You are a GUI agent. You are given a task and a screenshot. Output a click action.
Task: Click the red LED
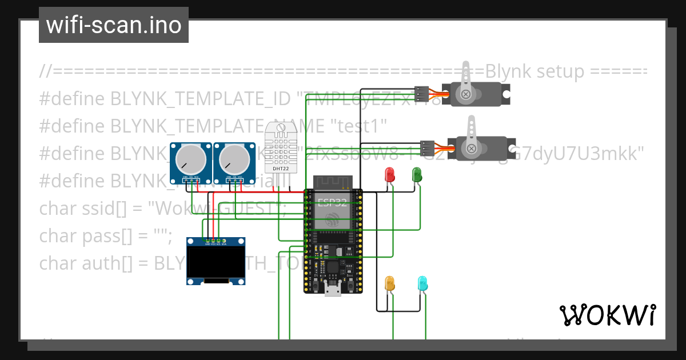(390, 174)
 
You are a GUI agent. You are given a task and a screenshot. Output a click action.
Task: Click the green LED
(417, 174)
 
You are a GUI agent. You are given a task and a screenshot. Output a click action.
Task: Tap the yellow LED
(390, 283)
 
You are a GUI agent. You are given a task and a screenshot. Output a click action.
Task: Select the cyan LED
(423, 283)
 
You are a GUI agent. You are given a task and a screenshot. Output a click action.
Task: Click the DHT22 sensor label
(281, 169)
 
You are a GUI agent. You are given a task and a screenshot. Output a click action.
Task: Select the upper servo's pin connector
(421, 93)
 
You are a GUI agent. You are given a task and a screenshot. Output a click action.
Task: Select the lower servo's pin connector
(427, 148)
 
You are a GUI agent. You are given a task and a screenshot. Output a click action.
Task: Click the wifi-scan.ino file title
(114, 25)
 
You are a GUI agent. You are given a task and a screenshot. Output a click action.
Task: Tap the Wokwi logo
(607, 315)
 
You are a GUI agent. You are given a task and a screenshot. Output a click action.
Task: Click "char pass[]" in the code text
(89, 236)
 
